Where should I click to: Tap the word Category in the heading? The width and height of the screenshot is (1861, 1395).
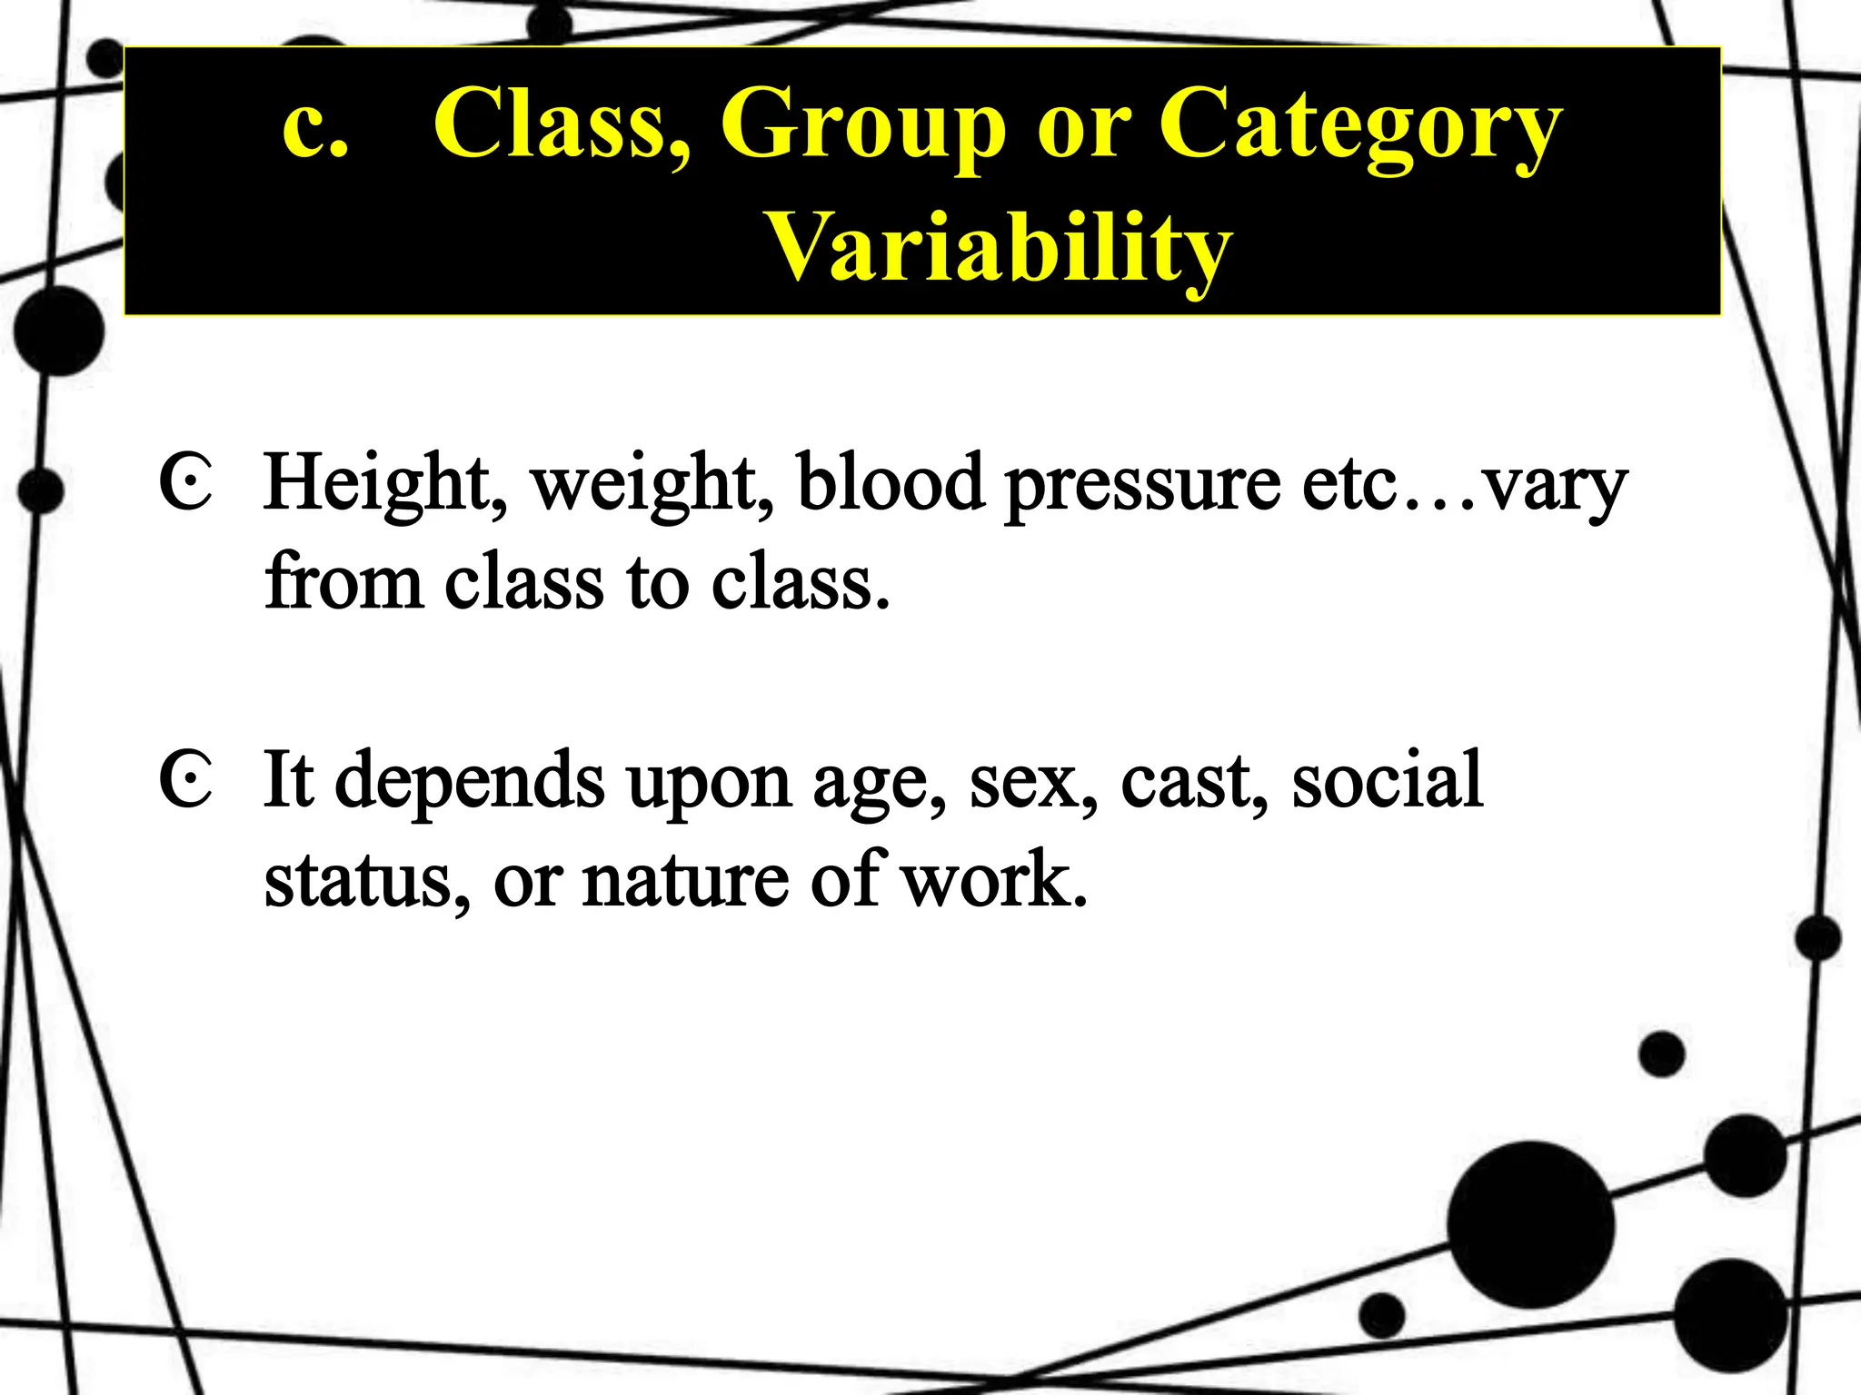pyautogui.click(x=1359, y=125)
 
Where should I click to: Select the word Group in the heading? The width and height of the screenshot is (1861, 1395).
pyautogui.click(x=862, y=125)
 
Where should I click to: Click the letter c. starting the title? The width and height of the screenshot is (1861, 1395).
pyautogui.click(x=314, y=125)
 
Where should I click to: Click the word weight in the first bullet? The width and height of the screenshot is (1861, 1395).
pyautogui.click(x=652, y=483)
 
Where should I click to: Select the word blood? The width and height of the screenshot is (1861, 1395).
pyautogui.click(x=891, y=483)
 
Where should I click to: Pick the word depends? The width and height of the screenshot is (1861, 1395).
pyautogui.click(x=470, y=781)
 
